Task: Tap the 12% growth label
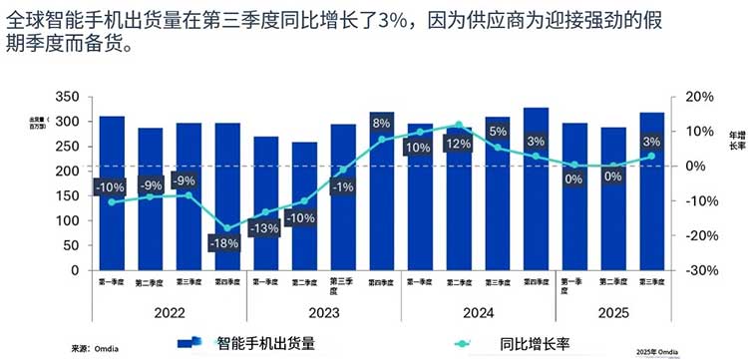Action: click(x=458, y=144)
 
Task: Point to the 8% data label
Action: click(x=381, y=123)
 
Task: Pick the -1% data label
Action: click(x=342, y=186)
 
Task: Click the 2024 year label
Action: click(x=479, y=312)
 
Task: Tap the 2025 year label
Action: click(x=613, y=312)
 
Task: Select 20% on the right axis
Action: click(x=701, y=97)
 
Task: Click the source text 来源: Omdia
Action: click(x=95, y=349)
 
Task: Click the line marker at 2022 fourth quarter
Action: click(x=225, y=228)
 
